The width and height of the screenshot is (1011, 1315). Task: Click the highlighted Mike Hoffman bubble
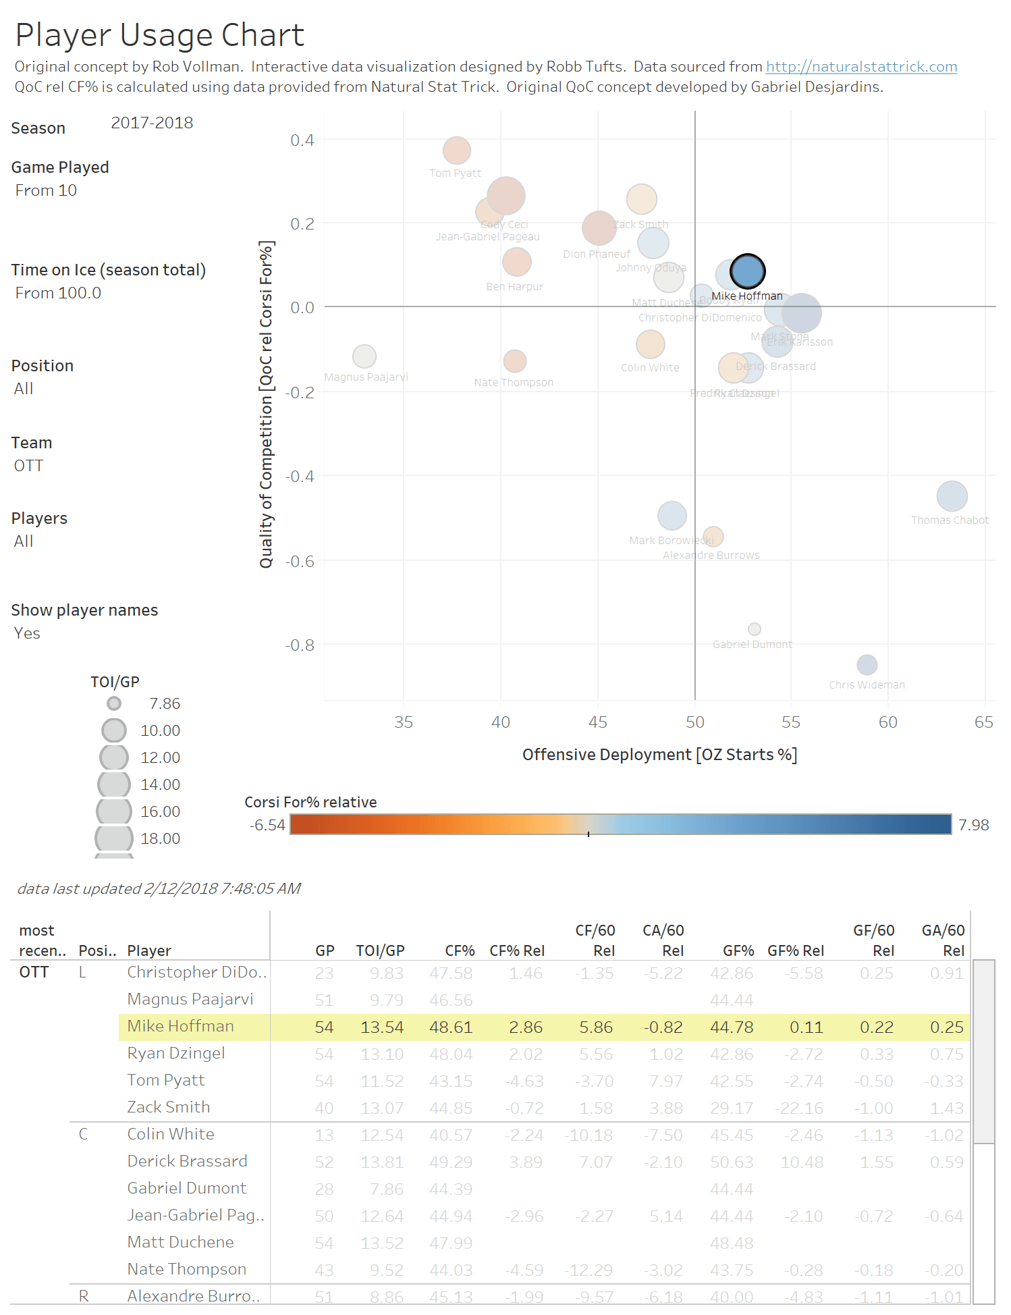pos(747,271)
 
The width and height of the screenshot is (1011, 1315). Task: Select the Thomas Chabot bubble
pos(952,496)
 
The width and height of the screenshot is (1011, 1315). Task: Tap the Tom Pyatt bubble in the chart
pos(457,151)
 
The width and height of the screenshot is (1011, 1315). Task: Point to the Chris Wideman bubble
pos(867,665)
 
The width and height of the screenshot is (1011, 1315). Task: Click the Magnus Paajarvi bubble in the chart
pos(364,356)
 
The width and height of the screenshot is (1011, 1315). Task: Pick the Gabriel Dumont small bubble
pos(755,629)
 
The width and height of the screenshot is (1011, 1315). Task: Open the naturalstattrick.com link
pos(861,67)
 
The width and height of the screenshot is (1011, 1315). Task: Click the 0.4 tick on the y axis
pos(302,140)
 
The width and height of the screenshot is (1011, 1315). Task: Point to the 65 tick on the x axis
pos(983,722)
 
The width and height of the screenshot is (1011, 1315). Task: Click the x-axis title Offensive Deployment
pos(659,755)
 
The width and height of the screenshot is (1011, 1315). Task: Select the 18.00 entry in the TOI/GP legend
pos(160,838)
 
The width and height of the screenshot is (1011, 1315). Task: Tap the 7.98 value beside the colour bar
pos(973,825)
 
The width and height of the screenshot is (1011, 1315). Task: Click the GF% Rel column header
pos(796,950)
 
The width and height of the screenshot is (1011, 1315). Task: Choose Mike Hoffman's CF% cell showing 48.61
pos(451,1027)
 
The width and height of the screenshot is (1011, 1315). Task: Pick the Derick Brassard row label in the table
pos(187,1161)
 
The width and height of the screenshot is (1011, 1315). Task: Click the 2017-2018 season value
pos(152,123)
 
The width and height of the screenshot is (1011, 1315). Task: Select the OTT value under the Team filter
pos(28,466)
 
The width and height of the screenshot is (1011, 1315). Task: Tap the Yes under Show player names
pos(27,633)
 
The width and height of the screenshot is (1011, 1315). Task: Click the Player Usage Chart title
pos(160,35)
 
